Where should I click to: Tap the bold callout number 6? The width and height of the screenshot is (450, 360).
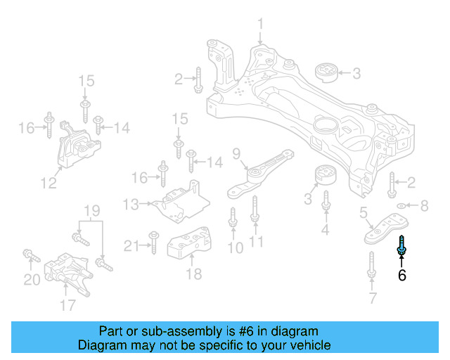click(x=402, y=276)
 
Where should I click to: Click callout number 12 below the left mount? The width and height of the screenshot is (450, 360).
click(x=48, y=184)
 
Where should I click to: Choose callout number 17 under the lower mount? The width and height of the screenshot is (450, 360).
click(x=67, y=304)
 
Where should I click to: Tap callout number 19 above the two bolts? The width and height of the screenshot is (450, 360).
click(x=93, y=210)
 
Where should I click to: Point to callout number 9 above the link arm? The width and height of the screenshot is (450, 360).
click(x=236, y=154)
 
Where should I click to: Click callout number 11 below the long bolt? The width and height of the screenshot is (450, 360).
click(x=256, y=243)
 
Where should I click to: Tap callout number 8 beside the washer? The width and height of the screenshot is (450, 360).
click(x=423, y=206)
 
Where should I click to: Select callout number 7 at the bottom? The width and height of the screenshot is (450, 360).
click(x=371, y=300)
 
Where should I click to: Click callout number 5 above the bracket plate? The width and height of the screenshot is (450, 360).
click(x=364, y=212)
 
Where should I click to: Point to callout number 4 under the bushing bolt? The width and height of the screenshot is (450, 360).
click(x=326, y=229)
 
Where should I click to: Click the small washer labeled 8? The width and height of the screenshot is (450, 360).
click(x=401, y=206)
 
